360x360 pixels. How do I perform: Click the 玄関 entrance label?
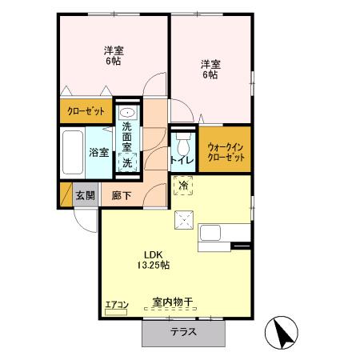[86, 194]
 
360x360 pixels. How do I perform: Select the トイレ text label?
[180, 160]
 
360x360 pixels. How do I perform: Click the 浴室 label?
[99, 151]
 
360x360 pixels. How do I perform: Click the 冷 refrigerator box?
[183, 186]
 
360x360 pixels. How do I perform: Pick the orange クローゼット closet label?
[86, 110]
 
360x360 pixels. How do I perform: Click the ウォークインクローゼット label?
[225, 150]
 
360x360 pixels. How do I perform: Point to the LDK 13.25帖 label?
[151, 258]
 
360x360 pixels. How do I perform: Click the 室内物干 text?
[173, 302]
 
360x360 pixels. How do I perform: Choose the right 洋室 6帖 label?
[210, 69]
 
